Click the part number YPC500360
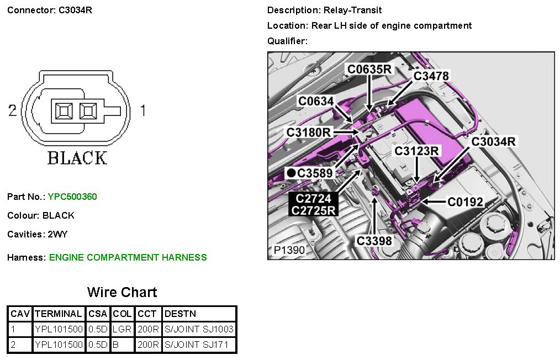point(72,197)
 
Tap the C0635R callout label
point(369,69)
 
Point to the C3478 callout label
point(431,76)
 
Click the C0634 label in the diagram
point(316,101)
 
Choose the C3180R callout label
point(309,133)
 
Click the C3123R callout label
point(416,151)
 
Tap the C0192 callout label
point(465,202)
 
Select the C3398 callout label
point(374,241)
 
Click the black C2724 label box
point(313,198)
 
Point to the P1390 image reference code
point(289,250)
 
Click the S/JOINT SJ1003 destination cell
point(199,329)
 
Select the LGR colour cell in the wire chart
point(122,329)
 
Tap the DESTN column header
point(180,314)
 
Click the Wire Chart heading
point(122,292)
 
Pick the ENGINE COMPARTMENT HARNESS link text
point(128,257)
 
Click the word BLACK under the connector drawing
point(77,158)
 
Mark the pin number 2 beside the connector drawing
point(12,110)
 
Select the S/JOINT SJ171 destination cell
point(199,345)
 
